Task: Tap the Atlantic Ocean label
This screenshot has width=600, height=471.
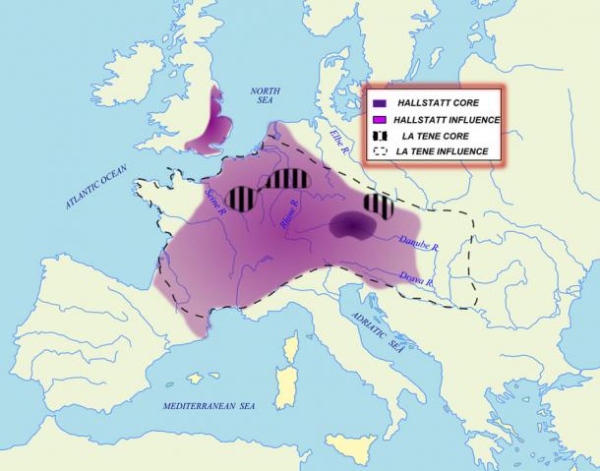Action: (96, 186)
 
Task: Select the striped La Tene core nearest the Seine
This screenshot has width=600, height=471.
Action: (240, 198)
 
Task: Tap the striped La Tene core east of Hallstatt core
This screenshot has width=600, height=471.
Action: (379, 206)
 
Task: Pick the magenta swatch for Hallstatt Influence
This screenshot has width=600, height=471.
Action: (380, 119)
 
